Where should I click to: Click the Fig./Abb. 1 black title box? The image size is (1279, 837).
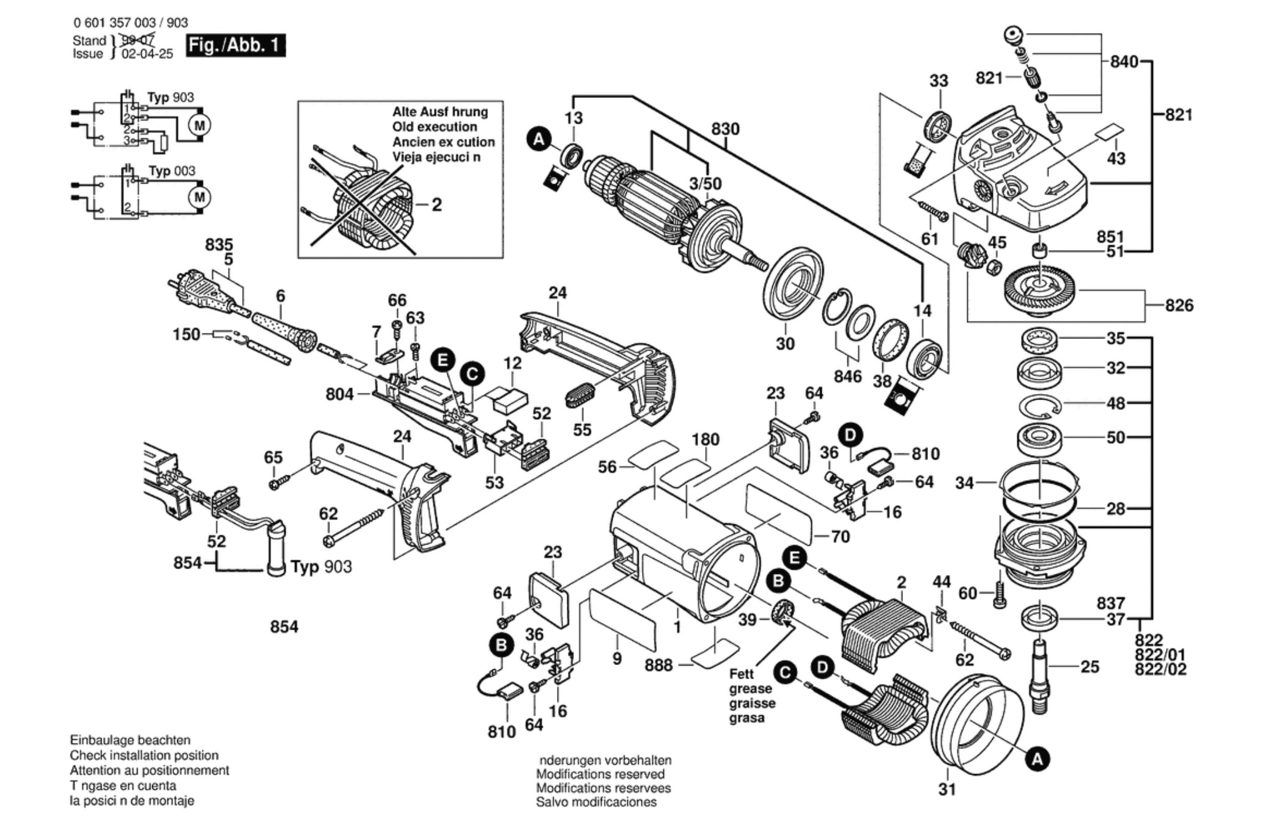tap(235, 45)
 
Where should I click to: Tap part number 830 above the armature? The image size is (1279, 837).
tap(725, 129)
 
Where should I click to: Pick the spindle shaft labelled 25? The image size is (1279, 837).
tap(1039, 676)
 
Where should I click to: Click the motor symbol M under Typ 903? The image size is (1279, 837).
tap(199, 125)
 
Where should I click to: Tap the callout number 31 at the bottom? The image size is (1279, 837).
tap(946, 790)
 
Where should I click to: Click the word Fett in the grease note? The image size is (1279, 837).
tap(741, 674)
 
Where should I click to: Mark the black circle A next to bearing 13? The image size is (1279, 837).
tap(538, 139)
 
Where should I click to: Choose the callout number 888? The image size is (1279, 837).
tap(658, 665)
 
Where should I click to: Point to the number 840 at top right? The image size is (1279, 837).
tap(1124, 62)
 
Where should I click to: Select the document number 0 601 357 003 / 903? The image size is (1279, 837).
tap(130, 23)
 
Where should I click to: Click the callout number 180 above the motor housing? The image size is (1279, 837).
tap(705, 439)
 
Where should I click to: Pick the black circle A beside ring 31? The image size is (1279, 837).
tap(1037, 760)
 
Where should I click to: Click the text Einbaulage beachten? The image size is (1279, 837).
tap(130, 740)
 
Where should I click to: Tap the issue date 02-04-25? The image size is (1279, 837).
tap(147, 54)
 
